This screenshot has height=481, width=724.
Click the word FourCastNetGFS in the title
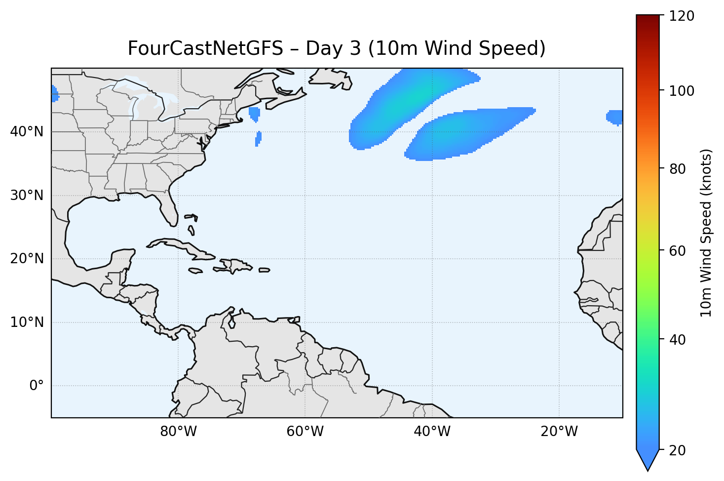click(x=205, y=49)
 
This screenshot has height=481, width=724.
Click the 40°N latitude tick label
click(x=27, y=132)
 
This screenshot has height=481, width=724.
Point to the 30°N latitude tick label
click(x=27, y=196)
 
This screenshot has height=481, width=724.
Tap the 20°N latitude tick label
click(x=27, y=259)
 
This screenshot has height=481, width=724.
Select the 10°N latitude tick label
click(x=27, y=322)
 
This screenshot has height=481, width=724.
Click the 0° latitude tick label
click(x=36, y=386)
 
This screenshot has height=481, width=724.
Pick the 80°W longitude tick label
click(x=178, y=432)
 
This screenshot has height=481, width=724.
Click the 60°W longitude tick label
click(x=305, y=432)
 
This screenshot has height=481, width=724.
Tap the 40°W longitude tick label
click(x=432, y=432)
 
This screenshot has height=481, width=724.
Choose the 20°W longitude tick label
click(x=559, y=432)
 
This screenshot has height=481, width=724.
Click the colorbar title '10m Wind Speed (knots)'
click(x=706, y=233)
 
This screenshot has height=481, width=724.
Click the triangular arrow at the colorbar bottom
click(x=648, y=460)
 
